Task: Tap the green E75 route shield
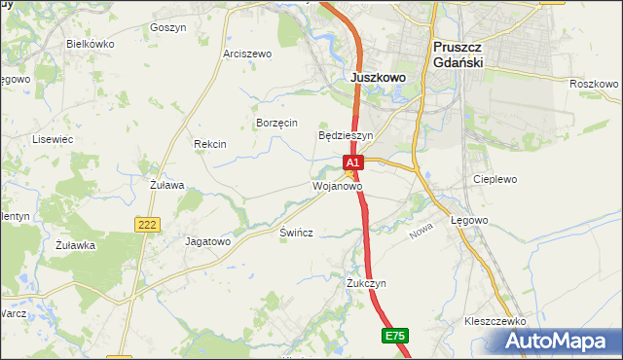394,336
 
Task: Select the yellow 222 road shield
146,225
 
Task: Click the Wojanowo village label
337,185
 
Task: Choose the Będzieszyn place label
347,135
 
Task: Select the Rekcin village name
210,144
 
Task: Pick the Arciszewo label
247,54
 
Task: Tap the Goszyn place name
168,28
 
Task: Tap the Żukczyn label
367,283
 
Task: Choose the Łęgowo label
469,221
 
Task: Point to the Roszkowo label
594,84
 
